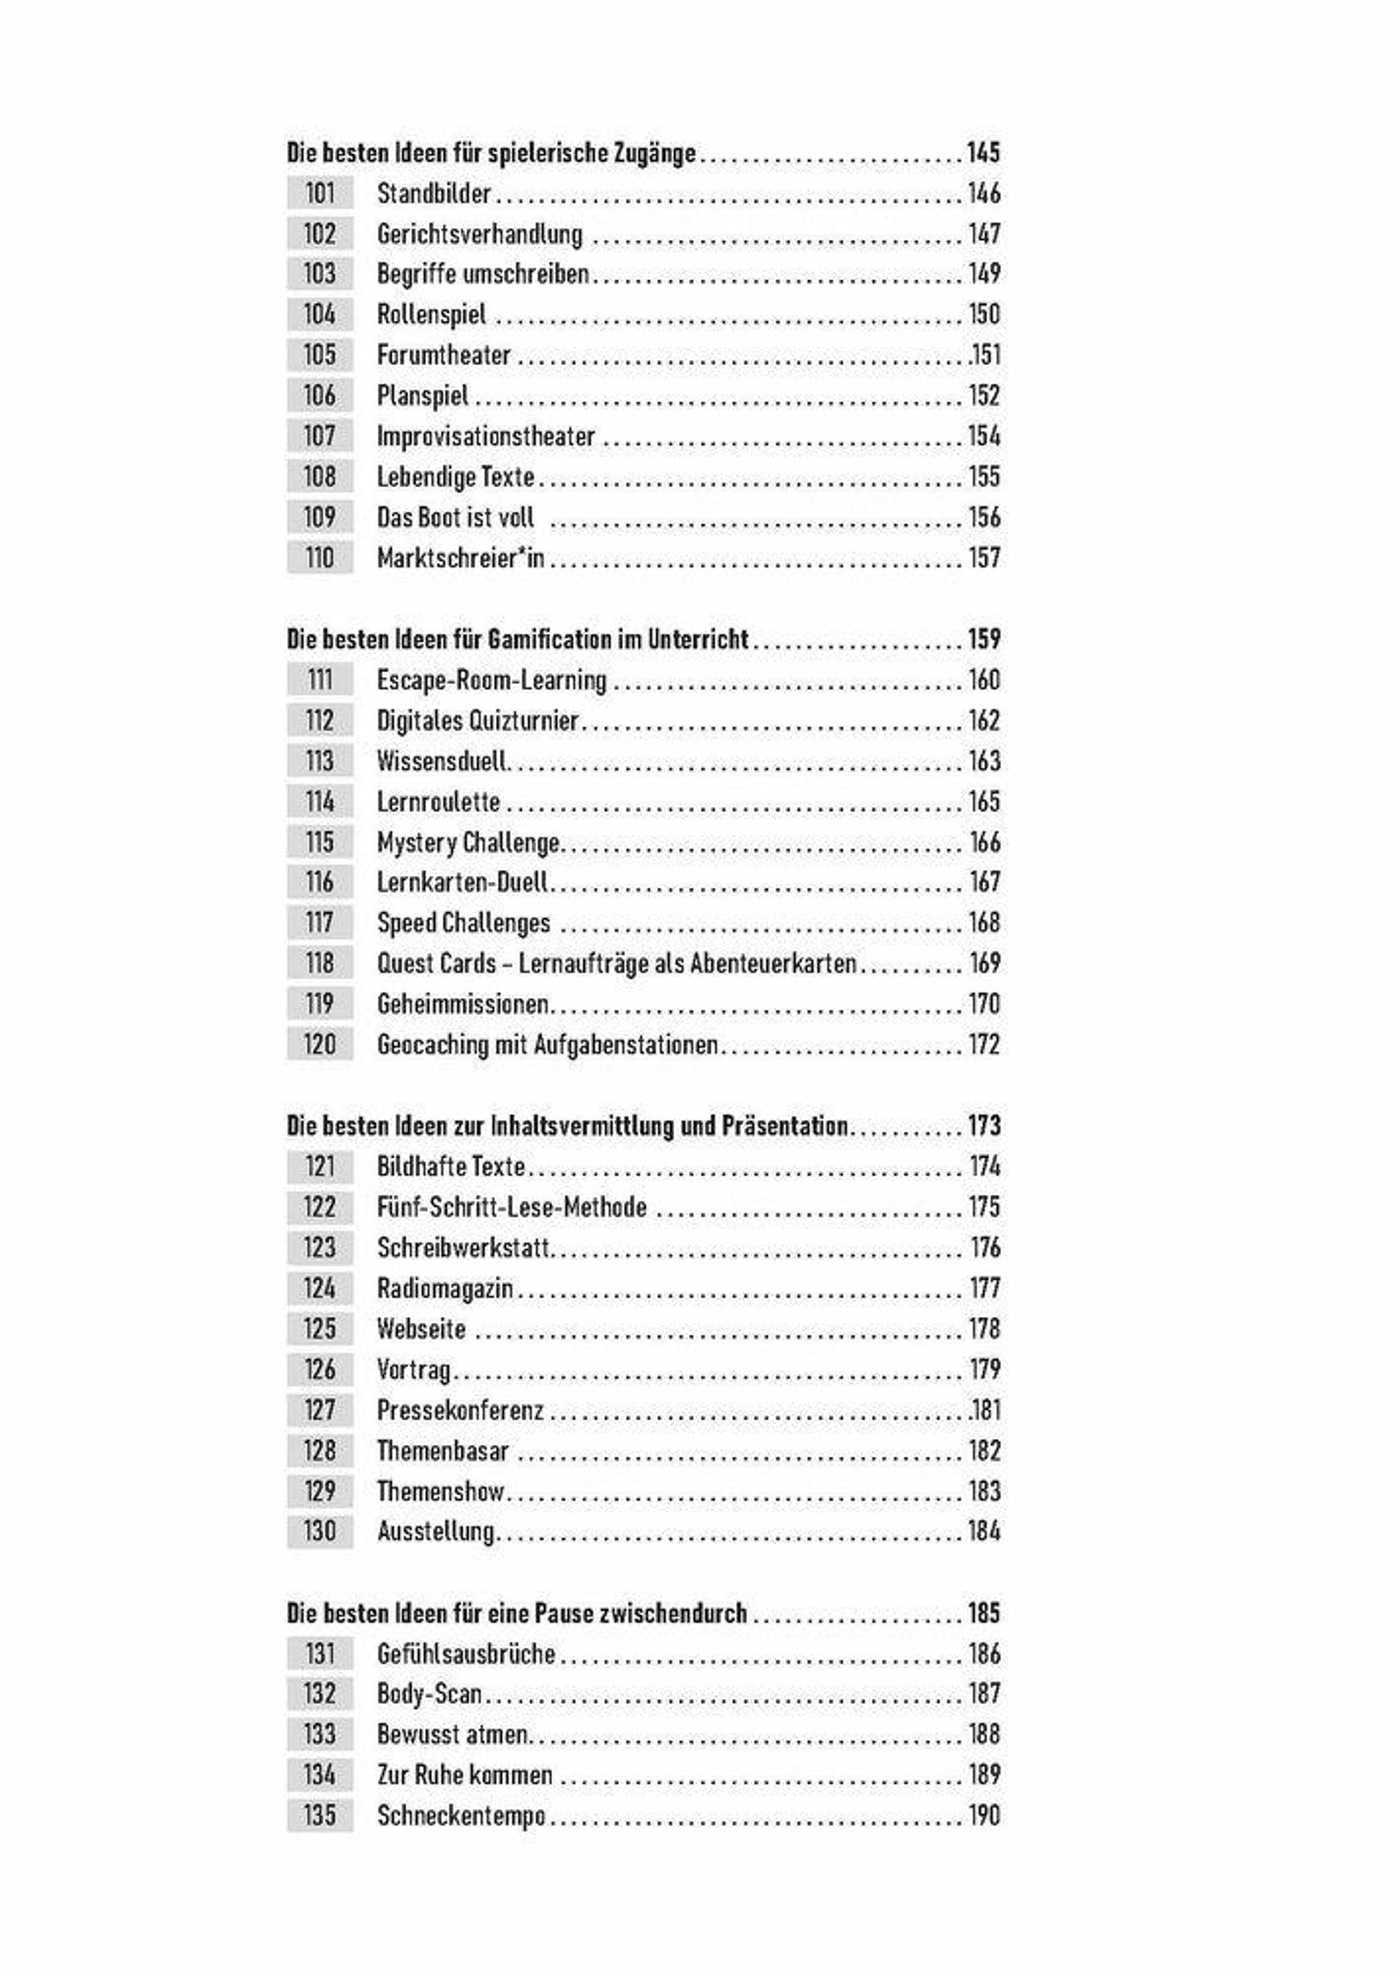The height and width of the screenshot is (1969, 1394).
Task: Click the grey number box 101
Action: coord(319,193)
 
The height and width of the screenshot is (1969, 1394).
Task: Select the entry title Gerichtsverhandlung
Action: coord(479,233)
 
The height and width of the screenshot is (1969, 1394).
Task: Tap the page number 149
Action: coord(984,274)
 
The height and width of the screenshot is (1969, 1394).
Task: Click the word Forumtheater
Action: coord(443,354)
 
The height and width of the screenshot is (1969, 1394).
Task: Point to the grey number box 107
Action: coord(319,436)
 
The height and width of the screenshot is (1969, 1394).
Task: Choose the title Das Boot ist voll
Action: coord(455,518)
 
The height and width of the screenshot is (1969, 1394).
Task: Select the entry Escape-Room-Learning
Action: coord(491,680)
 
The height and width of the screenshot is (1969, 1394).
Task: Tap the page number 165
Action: coord(984,802)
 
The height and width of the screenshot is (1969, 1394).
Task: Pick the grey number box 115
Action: coord(319,842)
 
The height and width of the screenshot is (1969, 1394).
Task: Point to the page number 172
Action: coord(984,1044)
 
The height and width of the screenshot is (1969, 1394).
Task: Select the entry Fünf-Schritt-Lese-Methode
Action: coord(512,1207)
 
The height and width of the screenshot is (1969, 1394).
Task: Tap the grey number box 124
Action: coord(319,1288)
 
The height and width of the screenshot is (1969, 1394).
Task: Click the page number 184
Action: coord(984,1531)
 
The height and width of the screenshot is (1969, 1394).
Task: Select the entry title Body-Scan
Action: coord(429,1694)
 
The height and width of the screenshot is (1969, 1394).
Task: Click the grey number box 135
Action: coord(319,1815)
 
